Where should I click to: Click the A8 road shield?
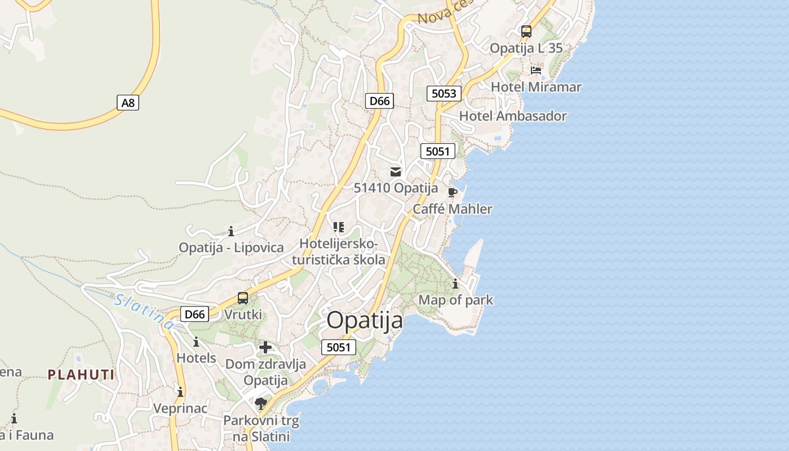(128, 103)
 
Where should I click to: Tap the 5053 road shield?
(444, 94)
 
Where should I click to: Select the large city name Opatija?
(365, 320)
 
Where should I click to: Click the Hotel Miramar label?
(536, 87)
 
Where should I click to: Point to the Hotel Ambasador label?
(513, 116)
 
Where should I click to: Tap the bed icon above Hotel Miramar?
(536, 70)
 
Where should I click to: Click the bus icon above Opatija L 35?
(526, 32)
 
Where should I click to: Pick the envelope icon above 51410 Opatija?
(396, 172)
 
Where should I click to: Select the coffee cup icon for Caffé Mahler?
(452, 192)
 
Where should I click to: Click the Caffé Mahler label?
(453, 209)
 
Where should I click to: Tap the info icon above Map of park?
(455, 284)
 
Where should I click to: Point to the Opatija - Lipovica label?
(231, 247)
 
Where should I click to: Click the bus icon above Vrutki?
(243, 298)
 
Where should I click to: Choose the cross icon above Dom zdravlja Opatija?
(265, 347)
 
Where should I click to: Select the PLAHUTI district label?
(81, 374)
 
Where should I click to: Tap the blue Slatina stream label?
(144, 311)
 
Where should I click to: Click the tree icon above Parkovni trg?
(260, 403)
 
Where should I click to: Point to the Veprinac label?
(180, 408)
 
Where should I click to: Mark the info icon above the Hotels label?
(196, 342)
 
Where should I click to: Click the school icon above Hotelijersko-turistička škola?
(338, 227)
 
